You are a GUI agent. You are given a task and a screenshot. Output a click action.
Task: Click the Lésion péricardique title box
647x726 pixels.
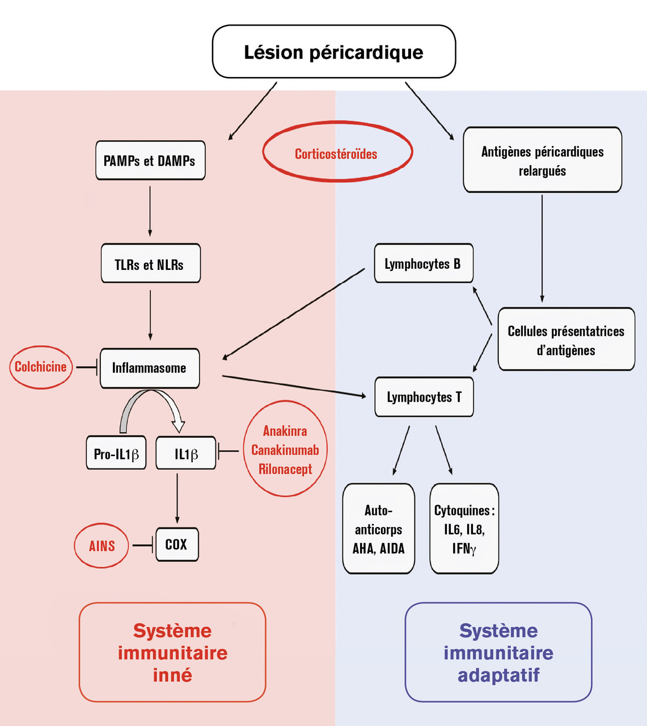[x=333, y=52]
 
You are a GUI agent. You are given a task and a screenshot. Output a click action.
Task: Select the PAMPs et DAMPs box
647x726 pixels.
[x=150, y=161]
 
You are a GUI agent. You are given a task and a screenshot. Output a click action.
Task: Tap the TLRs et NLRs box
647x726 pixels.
[x=150, y=264]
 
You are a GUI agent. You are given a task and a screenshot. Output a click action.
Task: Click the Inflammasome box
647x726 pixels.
[x=150, y=368]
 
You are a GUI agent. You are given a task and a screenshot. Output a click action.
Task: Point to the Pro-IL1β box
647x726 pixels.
[x=116, y=453]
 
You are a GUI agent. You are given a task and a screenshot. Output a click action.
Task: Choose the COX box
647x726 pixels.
[x=177, y=544]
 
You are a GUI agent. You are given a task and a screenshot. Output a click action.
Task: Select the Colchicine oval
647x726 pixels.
[x=41, y=367]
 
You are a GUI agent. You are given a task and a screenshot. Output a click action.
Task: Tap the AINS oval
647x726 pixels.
[x=102, y=546]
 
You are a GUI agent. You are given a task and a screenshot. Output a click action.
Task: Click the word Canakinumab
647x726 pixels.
[x=285, y=450]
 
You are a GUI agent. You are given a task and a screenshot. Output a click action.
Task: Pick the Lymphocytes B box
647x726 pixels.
[x=423, y=264]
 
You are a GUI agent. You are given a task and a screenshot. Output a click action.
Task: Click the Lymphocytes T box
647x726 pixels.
[x=424, y=397]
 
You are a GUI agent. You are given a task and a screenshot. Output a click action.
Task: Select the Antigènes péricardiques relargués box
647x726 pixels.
[x=542, y=161]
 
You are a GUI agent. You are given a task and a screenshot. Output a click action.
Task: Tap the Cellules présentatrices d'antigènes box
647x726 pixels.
[x=566, y=340]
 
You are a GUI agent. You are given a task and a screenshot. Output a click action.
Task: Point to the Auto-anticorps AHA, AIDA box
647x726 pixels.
[x=378, y=529]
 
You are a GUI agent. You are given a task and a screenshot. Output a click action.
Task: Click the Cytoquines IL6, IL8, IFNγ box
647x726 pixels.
[x=464, y=529]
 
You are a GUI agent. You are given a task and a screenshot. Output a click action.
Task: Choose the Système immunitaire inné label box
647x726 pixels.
[x=172, y=652]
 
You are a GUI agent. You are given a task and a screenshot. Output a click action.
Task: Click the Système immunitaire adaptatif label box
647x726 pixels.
[x=498, y=652]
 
